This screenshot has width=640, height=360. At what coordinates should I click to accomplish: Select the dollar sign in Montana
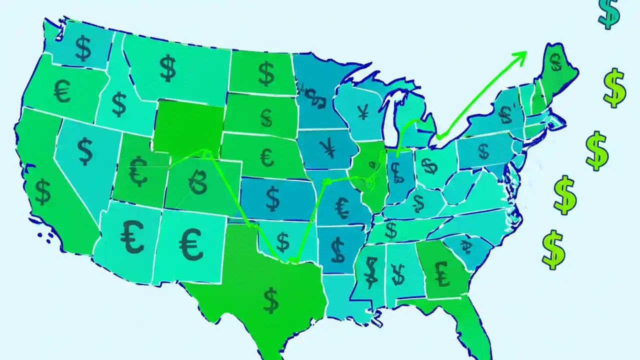(x=168, y=68)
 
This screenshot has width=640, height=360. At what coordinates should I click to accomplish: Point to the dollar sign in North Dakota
(x=266, y=73)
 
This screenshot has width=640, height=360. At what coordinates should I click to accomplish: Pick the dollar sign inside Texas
(x=270, y=299)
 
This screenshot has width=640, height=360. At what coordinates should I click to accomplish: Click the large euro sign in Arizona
(x=132, y=236)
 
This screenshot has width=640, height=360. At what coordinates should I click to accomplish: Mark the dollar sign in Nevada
(x=85, y=151)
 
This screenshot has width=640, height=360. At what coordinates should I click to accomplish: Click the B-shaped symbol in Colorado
(x=197, y=181)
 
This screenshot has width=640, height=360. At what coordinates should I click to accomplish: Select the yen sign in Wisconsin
(x=363, y=113)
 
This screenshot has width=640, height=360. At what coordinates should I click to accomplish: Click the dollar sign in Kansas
(x=273, y=198)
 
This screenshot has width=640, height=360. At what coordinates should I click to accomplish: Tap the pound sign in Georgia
(x=442, y=273)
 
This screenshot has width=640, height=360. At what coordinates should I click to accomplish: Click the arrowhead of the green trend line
(x=522, y=53)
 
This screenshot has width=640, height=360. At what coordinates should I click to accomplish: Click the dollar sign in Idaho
(x=119, y=104)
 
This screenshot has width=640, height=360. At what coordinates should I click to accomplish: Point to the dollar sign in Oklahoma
(x=283, y=242)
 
